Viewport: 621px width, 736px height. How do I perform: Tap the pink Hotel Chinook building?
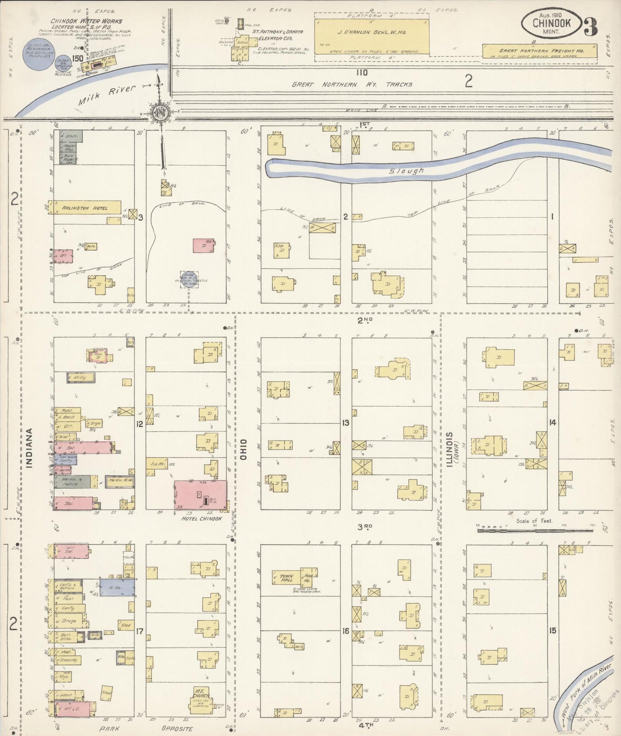pos(201,495)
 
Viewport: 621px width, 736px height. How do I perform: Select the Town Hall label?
pos(286,578)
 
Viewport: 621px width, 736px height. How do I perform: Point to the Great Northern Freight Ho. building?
pos(540,52)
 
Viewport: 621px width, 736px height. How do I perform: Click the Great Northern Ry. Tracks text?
pos(352,85)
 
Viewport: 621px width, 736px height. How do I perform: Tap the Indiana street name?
pos(30,447)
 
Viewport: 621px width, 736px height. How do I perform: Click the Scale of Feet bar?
pos(535,531)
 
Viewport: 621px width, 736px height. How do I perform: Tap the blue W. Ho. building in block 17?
pos(116,587)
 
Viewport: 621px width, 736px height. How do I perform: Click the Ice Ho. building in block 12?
pos(156,464)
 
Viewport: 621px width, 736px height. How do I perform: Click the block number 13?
pos(346,423)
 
